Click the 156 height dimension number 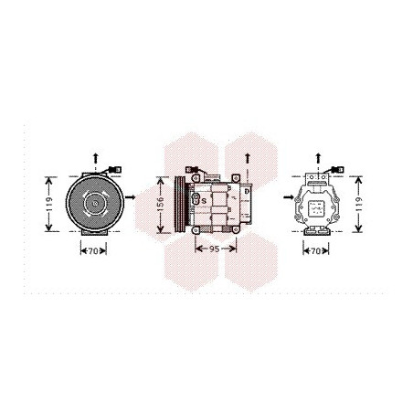pyautogui.click(x=161, y=205)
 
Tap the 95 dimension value pyautogui.click(x=215, y=249)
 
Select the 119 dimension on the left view pyautogui.click(x=48, y=205)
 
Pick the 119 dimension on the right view pyautogui.click(x=358, y=205)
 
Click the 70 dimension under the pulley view pyautogui.click(x=93, y=251)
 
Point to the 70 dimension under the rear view pyautogui.click(x=316, y=251)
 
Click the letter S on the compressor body pyautogui.click(x=204, y=201)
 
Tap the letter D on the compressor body pyautogui.click(x=247, y=192)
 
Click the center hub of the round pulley pyautogui.click(x=95, y=203)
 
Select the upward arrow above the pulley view pyautogui.click(x=96, y=159)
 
